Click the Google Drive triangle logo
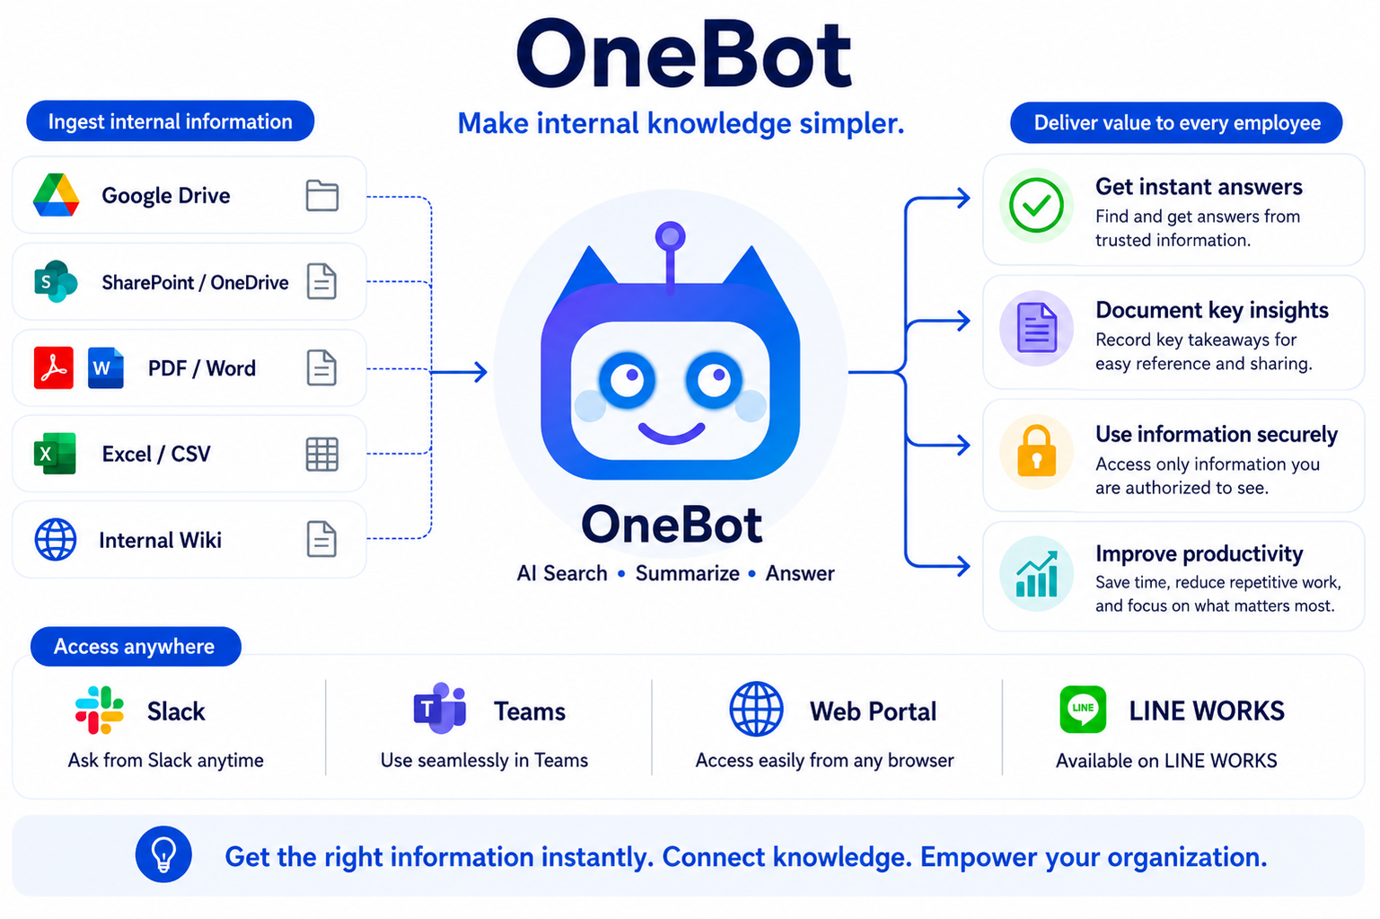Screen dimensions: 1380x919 tap(56, 195)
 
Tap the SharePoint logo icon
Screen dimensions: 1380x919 tap(56, 281)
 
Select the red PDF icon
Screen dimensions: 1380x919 tap(54, 367)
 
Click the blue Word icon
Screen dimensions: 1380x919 tap(105, 367)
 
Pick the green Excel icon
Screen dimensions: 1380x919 tap(55, 454)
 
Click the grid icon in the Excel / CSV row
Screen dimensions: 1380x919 tap(322, 455)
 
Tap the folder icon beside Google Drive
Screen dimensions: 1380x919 tap(322, 196)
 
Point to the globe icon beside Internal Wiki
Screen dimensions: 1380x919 tap(56, 539)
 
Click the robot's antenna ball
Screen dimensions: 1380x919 tap(671, 236)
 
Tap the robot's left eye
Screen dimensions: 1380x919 tap(628, 379)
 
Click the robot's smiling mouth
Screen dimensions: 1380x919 tap(672, 433)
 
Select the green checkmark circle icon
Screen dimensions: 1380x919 tap(1036, 205)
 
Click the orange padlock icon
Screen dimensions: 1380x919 tap(1036, 451)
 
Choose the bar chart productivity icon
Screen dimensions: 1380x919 tap(1037, 574)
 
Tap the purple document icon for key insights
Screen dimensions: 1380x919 tap(1037, 328)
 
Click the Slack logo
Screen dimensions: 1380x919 tap(99, 710)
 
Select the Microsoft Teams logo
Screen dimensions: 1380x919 tap(440, 708)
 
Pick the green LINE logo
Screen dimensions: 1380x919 tap(1083, 710)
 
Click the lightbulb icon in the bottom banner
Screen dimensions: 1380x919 tap(163, 855)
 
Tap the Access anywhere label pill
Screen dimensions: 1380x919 tap(136, 647)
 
